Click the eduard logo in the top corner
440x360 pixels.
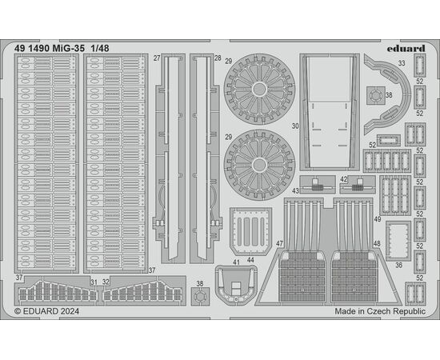[406, 49]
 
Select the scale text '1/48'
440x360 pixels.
[100, 49]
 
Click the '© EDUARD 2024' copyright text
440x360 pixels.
[46, 311]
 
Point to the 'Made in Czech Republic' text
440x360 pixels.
[380, 311]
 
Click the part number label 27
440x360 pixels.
[157, 58]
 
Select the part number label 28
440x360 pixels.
[218, 58]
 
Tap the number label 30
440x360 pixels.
[295, 126]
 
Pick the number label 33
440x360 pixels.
[402, 63]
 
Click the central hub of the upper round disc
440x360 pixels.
[259, 90]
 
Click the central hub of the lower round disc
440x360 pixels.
[259, 165]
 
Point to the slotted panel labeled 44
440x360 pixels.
[250, 231]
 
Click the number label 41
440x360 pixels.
[236, 262]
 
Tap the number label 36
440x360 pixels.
[398, 265]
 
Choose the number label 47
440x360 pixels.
[279, 243]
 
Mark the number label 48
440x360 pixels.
[377, 243]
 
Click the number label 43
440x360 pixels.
[295, 191]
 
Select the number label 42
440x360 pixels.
[344, 179]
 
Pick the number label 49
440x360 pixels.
[378, 219]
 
